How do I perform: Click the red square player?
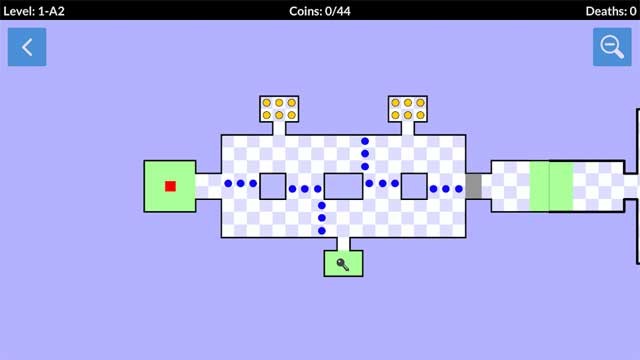170,186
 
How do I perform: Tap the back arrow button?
27,47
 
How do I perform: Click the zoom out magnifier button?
611,47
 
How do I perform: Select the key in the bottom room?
343,264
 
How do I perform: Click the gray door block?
473,186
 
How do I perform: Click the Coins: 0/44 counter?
320,11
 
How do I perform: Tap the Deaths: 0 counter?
611,11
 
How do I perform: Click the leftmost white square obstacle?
273,186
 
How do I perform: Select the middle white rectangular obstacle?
343,186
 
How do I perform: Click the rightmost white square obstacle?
414,186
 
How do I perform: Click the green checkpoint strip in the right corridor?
551,186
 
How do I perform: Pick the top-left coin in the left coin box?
267,102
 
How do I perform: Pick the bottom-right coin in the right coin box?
421,115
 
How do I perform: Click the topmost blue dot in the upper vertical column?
365,142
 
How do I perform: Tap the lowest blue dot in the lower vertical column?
322,231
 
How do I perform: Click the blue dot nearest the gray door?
459,188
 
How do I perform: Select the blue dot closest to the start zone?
228,184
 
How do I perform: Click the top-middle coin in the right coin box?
408,102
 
